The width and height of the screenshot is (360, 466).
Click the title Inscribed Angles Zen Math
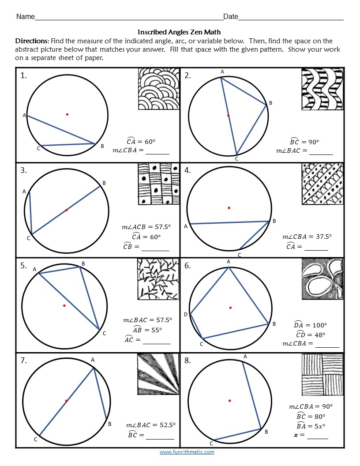(179, 32)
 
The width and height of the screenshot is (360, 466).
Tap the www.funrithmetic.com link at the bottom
(187, 452)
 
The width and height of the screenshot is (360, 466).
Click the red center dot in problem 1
(67, 114)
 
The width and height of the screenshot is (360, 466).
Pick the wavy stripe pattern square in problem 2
(322, 89)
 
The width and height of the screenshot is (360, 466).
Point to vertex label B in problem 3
(104, 183)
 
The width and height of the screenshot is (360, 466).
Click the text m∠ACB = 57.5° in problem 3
(146, 227)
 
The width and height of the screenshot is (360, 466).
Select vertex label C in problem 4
(240, 255)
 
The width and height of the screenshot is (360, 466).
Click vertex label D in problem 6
(186, 314)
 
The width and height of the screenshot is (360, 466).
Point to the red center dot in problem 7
(66, 401)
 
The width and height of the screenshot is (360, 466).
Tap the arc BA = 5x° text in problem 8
(311, 426)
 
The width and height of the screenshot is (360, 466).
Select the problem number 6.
(187, 266)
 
